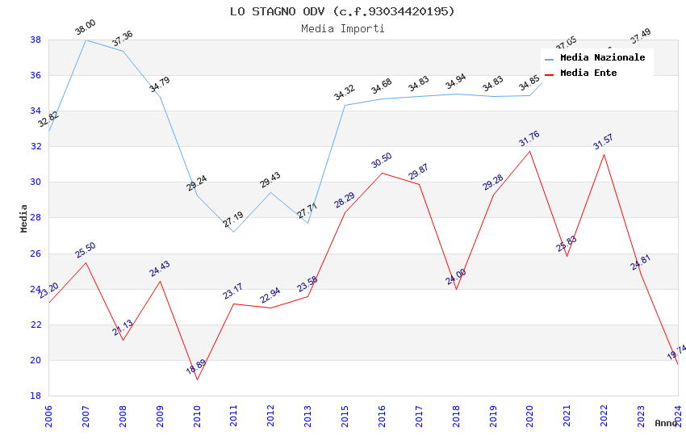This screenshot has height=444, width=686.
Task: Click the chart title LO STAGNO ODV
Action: [x=342, y=11]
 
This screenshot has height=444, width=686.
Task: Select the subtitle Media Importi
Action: [x=342, y=28]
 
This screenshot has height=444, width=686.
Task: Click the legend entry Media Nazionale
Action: [x=602, y=58]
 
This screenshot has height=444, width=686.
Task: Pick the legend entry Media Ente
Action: [x=588, y=73]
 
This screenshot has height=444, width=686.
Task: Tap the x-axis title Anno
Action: [x=666, y=423]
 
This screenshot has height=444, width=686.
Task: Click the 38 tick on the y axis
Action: [x=36, y=40]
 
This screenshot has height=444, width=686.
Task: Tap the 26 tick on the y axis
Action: [x=36, y=253]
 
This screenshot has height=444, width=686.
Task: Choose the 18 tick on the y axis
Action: [x=36, y=396]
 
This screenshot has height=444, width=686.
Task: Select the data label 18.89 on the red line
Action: [x=196, y=367]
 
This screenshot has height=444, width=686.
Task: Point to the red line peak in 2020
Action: [x=530, y=151]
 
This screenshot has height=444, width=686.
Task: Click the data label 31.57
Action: [x=603, y=142]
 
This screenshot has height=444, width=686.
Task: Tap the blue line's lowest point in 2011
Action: [x=234, y=232]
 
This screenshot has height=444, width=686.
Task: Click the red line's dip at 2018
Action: [x=456, y=289]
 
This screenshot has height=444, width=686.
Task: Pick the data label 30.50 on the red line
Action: [x=382, y=160]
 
